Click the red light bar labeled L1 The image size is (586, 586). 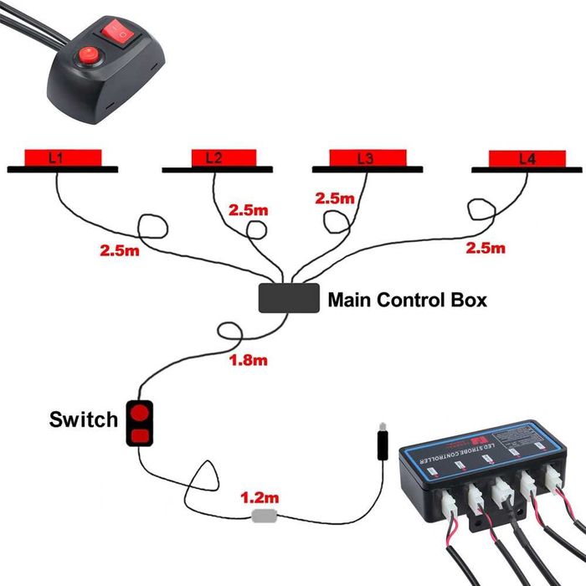click(63, 157)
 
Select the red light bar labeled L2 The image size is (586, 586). click(214, 157)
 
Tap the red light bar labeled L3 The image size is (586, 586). click(366, 157)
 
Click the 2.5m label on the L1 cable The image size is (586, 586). click(118, 249)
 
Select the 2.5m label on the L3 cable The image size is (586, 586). click(334, 198)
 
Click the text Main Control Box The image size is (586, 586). click(406, 300)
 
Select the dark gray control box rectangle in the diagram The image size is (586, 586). click(289, 298)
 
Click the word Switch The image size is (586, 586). click(84, 419)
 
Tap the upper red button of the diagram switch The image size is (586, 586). click(139, 413)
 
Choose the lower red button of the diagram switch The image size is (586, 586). click(139, 434)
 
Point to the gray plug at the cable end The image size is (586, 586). click(382, 443)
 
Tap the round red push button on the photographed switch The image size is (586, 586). click(86, 57)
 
